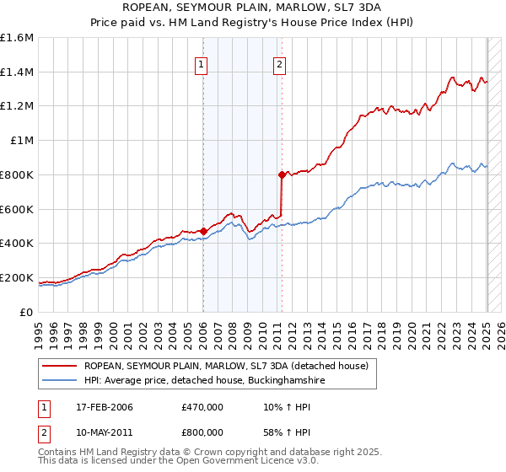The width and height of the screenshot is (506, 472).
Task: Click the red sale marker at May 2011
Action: click(x=282, y=174)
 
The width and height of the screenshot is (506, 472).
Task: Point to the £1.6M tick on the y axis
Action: click(x=17, y=38)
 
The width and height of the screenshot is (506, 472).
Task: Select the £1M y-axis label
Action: click(x=21, y=141)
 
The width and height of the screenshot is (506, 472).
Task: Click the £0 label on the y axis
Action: click(x=27, y=312)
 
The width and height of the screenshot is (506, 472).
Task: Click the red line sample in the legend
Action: click(x=60, y=367)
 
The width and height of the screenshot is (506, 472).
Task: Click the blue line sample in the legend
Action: click(x=60, y=381)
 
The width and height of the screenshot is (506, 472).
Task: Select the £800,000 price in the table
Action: click(x=202, y=431)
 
